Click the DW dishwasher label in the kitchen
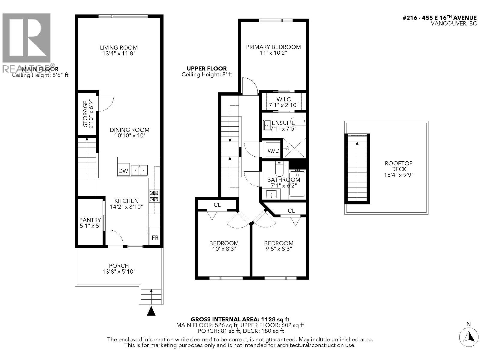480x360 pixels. [x=123, y=171]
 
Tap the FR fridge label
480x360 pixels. [x=155, y=238]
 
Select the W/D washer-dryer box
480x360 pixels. [x=273, y=151]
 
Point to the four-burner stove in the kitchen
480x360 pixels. [x=154, y=196]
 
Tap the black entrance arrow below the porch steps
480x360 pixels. [x=151, y=311]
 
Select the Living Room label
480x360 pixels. [x=119, y=47]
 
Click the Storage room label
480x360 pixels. [x=85, y=114]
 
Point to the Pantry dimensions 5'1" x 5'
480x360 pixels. [x=90, y=226]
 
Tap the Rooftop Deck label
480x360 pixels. [x=398, y=166]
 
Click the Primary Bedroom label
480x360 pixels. [x=273, y=47]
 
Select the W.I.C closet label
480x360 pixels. [x=283, y=99]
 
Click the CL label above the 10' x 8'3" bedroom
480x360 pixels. [x=217, y=205]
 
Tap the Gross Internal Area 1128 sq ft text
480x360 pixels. [x=240, y=319]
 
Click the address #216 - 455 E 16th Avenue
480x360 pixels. [x=440, y=18]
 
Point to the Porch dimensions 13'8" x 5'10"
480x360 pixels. [x=119, y=272]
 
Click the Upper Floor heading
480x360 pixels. [x=207, y=68]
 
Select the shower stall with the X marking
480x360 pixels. [x=294, y=148]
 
